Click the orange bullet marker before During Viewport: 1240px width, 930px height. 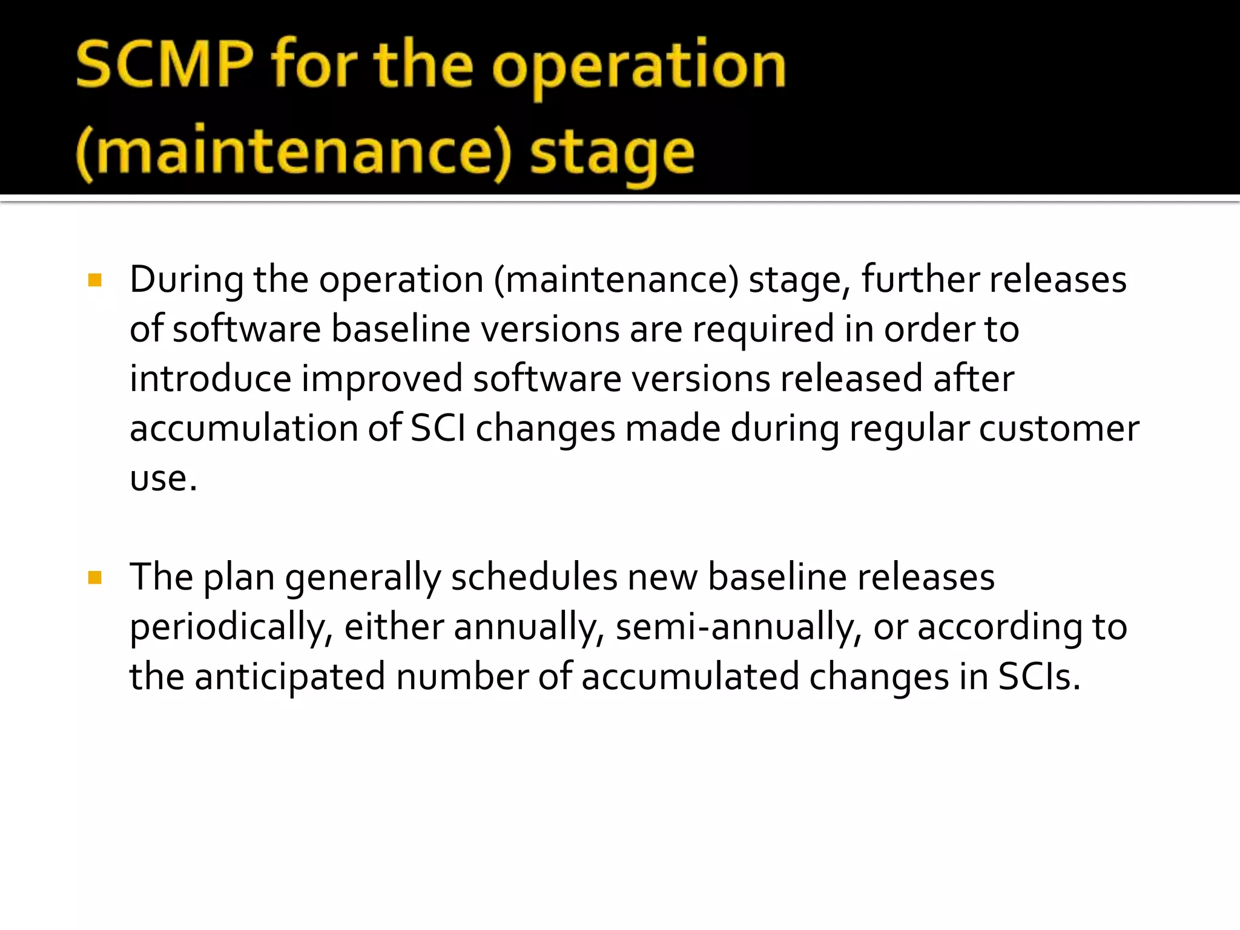pos(94,280)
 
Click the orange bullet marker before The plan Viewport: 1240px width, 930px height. pos(94,577)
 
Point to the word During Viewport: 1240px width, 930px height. pos(186,280)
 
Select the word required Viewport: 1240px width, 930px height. pos(763,330)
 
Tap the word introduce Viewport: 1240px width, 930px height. pos(211,379)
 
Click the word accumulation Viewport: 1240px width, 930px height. pos(244,429)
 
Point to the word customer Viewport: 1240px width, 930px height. pos(1059,429)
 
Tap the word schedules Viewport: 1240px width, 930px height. pos(534,577)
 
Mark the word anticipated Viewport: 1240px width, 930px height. pos(290,678)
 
